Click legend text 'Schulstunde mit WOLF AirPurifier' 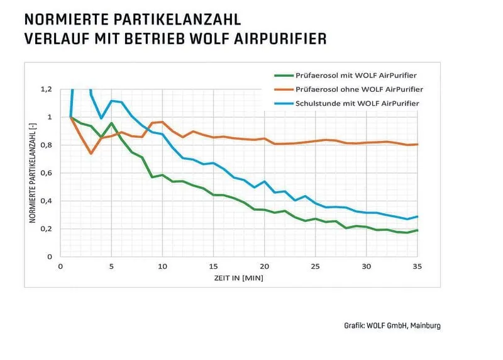[x=358, y=102]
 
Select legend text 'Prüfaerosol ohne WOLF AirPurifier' [x=359, y=89]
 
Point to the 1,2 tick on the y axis [x=47, y=89]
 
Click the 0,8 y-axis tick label [x=47, y=145]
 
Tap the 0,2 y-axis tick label [x=47, y=228]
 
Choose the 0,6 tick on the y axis [x=47, y=173]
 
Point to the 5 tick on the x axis [x=111, y=266]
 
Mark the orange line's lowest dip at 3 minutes [x=91, y=153]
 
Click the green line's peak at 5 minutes [x=111, y=123]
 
